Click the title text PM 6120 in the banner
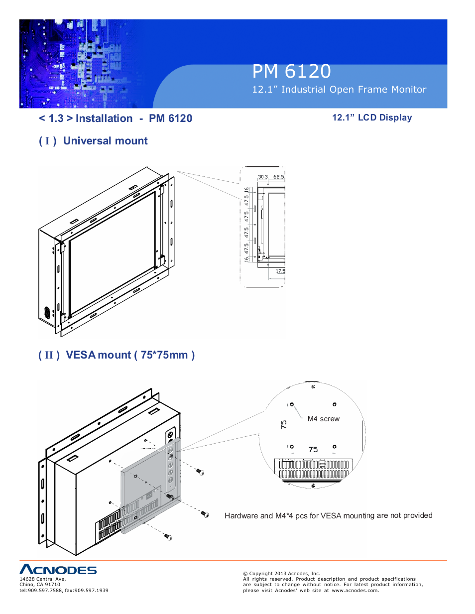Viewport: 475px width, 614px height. point(291,72)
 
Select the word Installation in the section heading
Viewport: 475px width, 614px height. point(104,119)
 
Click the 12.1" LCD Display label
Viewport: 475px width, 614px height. point(372,118)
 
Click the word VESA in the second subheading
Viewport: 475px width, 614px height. point(80,355)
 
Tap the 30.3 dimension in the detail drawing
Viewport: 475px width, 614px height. point(263,177)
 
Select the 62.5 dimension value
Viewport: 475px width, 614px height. point(278,177)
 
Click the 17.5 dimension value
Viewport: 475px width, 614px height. point(280,271)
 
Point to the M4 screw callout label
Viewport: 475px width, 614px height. point(323,419)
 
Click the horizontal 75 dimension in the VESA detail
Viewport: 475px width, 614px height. point(313,449)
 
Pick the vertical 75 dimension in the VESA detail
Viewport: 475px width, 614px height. point(284,424)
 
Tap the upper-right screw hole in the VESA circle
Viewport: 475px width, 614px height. point(334,404)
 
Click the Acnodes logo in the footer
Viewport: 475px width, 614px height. point(58,570)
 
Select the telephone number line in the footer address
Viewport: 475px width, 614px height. point(64,591)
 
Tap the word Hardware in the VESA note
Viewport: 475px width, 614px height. point(241,516)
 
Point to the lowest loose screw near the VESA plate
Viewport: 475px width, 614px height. point(168,536)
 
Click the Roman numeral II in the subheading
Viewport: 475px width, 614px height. point(49,355)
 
